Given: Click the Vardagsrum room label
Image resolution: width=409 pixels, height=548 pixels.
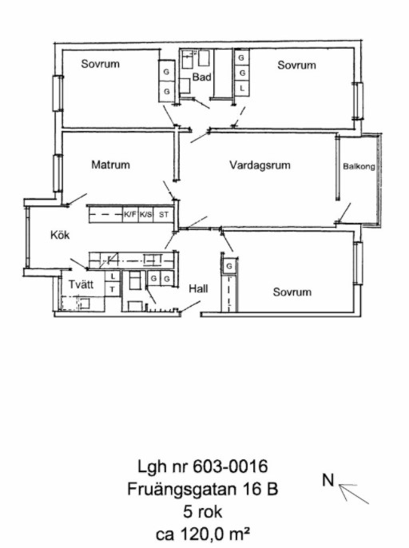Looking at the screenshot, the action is [x=260, y=165].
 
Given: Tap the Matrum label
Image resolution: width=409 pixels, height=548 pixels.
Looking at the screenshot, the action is [x=110, y=165].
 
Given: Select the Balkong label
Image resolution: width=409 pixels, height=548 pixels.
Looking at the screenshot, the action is [x=359, y=166].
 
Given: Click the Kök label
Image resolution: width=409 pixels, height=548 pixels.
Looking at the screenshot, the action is [x=60, y=235].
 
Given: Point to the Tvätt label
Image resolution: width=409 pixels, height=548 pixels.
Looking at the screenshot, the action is [x=81, y=284].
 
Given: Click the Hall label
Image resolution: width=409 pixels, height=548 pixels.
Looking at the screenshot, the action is [x=198, y=288].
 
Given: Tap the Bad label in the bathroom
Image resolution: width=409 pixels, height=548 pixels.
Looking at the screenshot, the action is [x=201, y=77].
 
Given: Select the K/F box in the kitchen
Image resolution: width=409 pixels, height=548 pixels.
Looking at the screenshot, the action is [x=130, y=215].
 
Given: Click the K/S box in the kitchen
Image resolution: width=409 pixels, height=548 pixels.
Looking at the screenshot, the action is [x=145, y=215].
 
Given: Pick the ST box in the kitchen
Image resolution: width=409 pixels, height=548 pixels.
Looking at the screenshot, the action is [x=164, y=215].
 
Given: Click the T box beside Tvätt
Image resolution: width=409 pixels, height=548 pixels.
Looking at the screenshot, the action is [x=112, y=290].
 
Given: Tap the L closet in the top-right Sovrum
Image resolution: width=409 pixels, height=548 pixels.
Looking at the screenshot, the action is [x=242, y=89].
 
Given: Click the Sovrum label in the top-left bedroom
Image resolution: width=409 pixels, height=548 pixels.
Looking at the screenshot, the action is [x=101, y=64].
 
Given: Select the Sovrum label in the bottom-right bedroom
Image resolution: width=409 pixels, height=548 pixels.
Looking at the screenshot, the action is [x=292, y=292].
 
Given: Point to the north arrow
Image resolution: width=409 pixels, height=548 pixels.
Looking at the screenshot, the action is [x=353, y=494].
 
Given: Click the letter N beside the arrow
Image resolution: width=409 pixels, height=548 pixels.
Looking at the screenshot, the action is [x=328, y=480].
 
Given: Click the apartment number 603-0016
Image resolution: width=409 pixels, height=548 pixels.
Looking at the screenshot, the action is [x=230, y=467].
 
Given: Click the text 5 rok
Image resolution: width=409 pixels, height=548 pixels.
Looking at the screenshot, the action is [x=203, y=512].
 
